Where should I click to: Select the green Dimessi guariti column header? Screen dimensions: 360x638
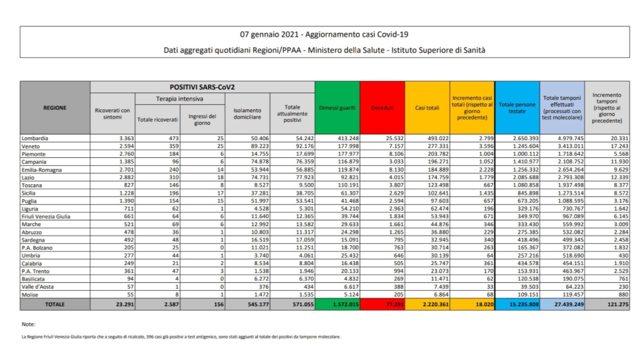pyautogui.click(x=337, y=108)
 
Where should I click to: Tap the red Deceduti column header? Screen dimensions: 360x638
pyautogui.click(x=382, y=108)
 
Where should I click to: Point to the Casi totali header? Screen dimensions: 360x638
pyautogui.click(x=427, y=108)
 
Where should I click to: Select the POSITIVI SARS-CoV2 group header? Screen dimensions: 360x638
pyautogui.click(x=202, y=87)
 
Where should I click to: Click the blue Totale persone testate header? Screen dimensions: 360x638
pyautogui.click(x=517, y=108)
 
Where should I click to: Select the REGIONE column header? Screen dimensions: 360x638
pyautogui.click(x=55, y=108)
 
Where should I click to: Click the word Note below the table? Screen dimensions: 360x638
pyautogui.click(x=28, y=324)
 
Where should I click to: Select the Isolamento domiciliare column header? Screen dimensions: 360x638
pyautogui.click(x=247, y=114)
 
